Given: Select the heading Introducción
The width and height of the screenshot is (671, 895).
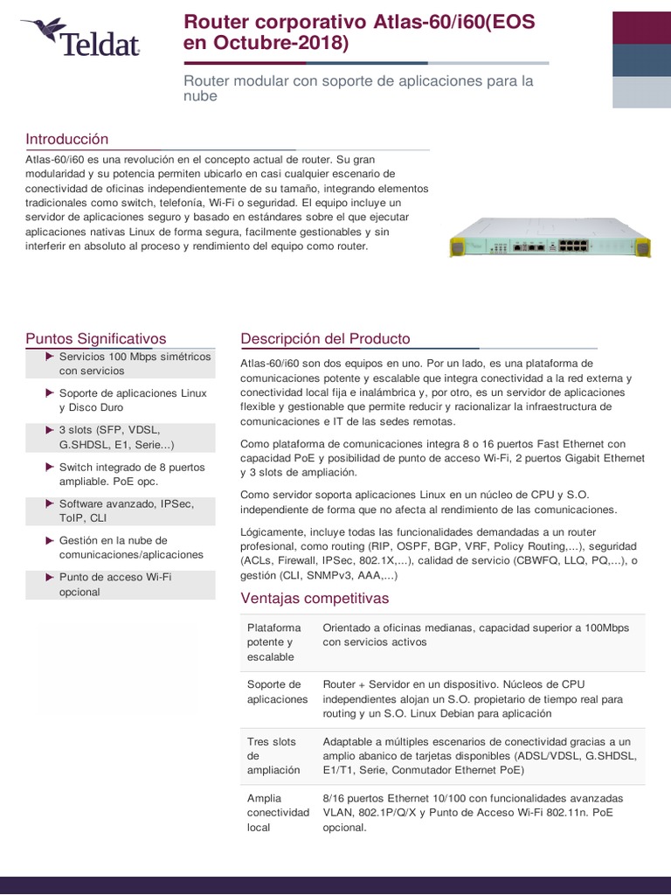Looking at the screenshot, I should click(67, 140).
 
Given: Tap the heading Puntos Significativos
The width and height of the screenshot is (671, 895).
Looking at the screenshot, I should click(96, 339).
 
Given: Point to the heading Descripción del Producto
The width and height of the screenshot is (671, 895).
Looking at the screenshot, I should click(325, 339).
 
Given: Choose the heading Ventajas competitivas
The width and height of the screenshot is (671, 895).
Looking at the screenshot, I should click(315, 599).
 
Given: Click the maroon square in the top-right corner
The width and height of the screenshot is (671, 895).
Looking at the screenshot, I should click(641, 27).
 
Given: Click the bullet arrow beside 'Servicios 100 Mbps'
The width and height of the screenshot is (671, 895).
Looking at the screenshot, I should click(50, 357).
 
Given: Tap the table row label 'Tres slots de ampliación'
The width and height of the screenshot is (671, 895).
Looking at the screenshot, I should click(272, 755).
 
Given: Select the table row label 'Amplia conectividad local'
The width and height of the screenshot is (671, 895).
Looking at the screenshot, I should click(277, 812).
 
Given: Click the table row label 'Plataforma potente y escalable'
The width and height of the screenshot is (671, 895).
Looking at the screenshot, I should click(273, 642).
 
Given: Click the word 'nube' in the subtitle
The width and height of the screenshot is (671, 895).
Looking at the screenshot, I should click(200, 97).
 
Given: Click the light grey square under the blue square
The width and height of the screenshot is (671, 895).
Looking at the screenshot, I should click(641, 93).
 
